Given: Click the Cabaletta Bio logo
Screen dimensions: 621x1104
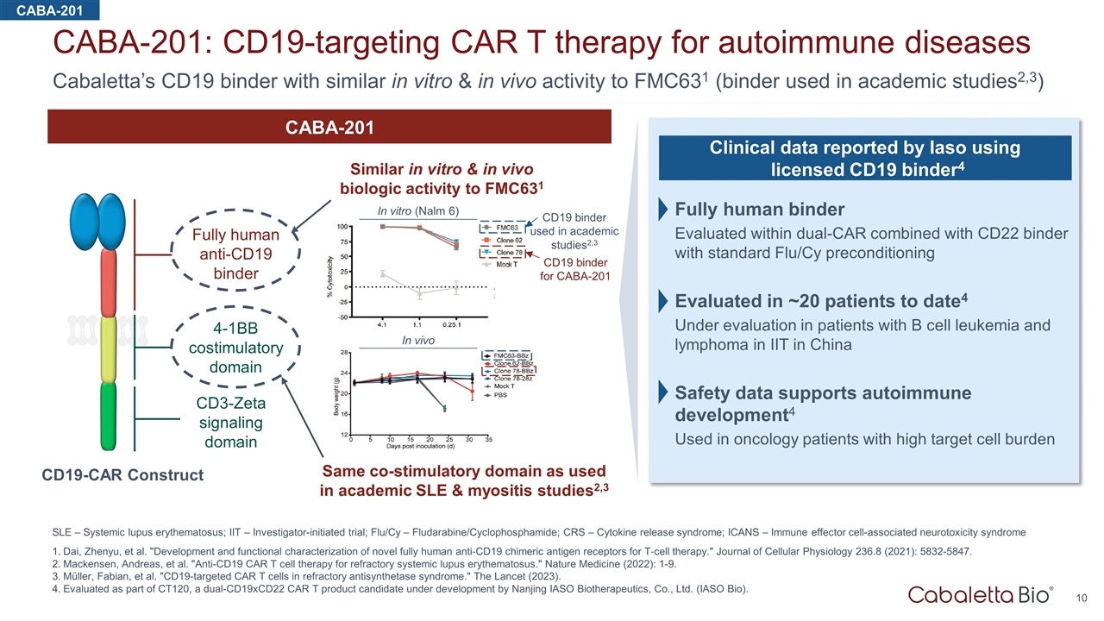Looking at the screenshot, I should tap(981, 594).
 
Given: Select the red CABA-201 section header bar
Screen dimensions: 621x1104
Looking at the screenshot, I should tap(329, 128).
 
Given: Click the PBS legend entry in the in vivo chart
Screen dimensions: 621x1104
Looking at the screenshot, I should tap(503, 396).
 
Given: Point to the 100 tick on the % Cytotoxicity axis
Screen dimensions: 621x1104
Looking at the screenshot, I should tap(342, 227).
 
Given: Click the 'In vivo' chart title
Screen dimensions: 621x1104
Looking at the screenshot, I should tap(419, 341).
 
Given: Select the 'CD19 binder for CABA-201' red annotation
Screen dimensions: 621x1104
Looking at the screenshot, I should tap(574, 269).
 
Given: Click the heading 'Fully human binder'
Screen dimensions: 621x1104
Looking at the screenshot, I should tap(760, 210).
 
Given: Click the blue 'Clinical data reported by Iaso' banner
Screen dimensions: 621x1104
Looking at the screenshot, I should tap(865, 159).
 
